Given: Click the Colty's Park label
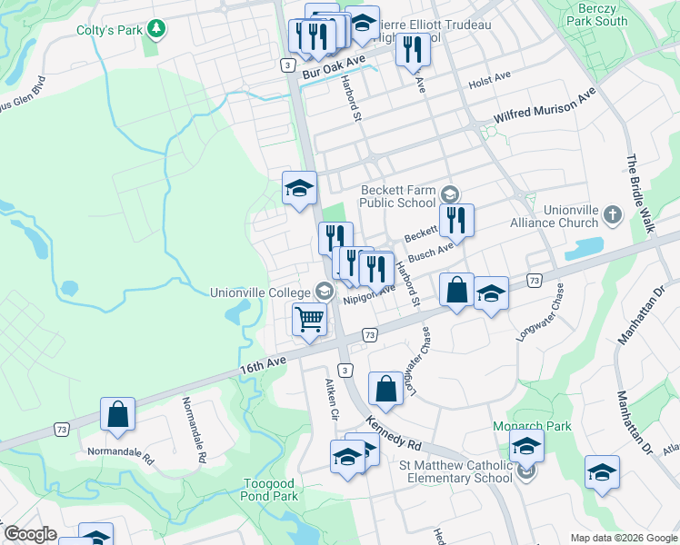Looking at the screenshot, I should point(110,30).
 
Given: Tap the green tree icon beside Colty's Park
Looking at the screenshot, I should point(157,30).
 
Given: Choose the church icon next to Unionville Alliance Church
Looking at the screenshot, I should point(613,215).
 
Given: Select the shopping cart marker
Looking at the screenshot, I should point(309,322).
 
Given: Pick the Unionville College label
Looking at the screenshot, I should point(261,292).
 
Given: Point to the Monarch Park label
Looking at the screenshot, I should point(531,426).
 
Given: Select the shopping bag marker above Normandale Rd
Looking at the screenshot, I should point(117,415).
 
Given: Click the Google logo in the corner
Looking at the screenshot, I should point(29,534).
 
